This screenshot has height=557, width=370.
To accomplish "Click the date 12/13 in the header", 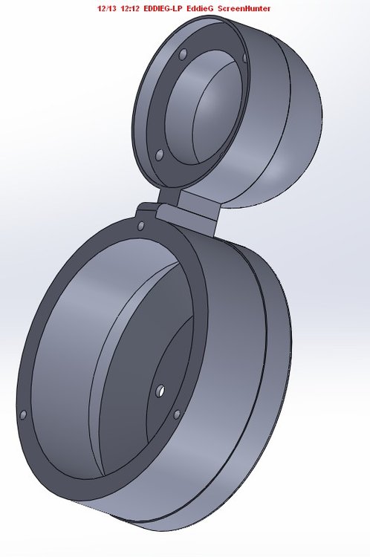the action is (107, 8).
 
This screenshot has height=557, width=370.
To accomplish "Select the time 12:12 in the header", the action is (130, 8).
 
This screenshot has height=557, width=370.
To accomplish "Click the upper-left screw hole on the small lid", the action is (183, 54).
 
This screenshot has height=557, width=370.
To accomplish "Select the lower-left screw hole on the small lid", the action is (160, 154).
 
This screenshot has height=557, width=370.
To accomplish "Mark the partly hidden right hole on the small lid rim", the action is (244, 58).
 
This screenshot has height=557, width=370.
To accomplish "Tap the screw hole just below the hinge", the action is (140, 226).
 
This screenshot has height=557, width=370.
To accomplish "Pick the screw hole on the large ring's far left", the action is (23, 414).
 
